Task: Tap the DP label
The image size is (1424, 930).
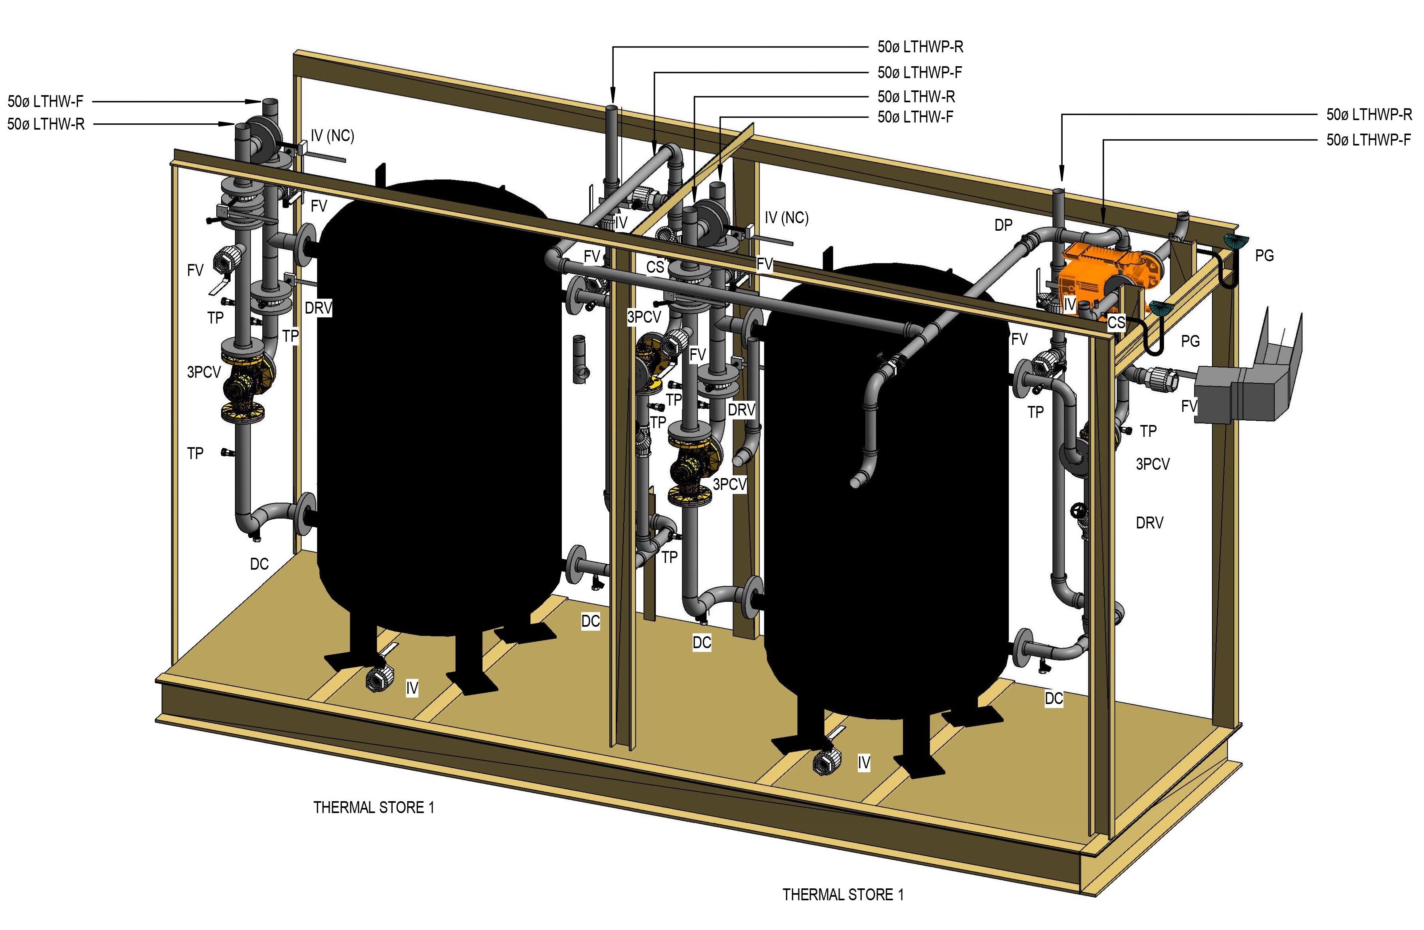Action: coord(1003,225)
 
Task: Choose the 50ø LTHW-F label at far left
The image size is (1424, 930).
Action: coord(46,102)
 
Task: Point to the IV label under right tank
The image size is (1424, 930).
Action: coord(863,762)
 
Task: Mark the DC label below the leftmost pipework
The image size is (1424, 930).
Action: coord(259,564)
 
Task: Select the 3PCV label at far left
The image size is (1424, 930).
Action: coord(204,372)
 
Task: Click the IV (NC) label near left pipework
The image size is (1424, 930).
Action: coord(332,136)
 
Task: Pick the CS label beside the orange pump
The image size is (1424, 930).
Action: coord(1116,323)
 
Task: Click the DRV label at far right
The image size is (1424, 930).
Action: coord(1149,523)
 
